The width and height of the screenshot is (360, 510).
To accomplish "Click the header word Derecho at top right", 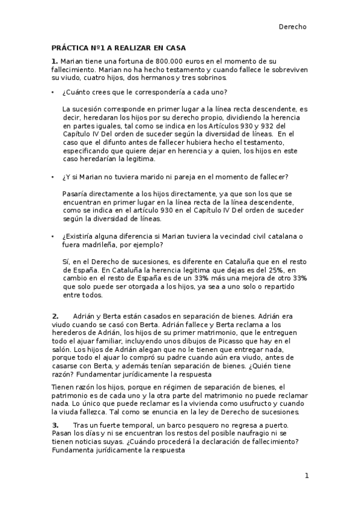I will (293, 26).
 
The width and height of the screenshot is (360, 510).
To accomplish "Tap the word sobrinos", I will (225, 78).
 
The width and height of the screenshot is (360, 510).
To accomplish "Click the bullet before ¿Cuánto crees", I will (53, 92).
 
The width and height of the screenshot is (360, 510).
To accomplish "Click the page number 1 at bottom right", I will (307, 476).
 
